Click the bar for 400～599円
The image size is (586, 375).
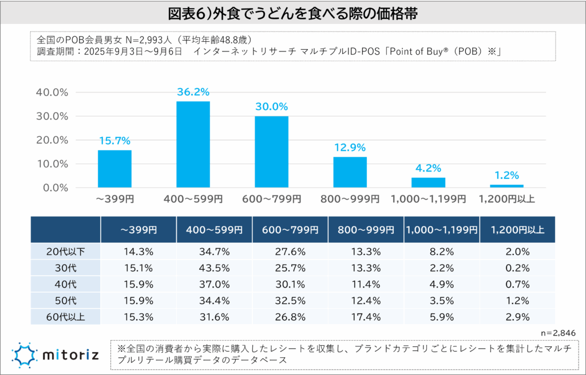click(x=193, y=145)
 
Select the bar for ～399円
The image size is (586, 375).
click(x=114, y=169)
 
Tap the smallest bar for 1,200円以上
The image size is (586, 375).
click(x=506, y=186)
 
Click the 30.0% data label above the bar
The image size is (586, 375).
click(x=271, y=107)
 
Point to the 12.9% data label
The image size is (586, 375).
click(x=350, y=147)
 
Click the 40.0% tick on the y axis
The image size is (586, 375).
click(x=52, y=92)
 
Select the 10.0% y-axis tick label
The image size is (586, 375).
click(x=52, y=163)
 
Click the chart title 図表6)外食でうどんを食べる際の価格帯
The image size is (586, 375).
click(x=292, y=13)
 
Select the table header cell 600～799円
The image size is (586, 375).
click(x=290, y=229)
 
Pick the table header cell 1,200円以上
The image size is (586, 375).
click(x=517, y=229)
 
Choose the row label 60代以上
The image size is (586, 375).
click(x=66, y=316)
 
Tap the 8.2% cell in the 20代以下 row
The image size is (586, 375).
click(x=442, y=251)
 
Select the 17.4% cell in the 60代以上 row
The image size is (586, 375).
click(x=366, y=316)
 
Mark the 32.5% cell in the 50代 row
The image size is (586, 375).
click(x=290, y=299)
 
